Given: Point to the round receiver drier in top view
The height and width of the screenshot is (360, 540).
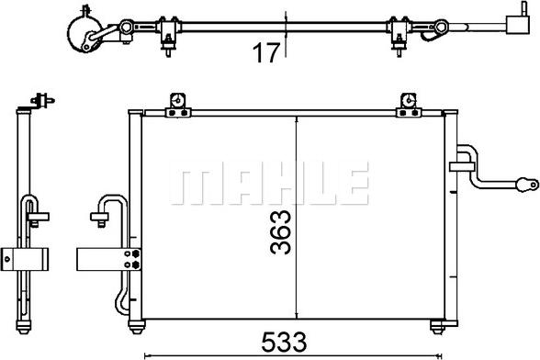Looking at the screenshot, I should pyautogui.click(x=82, y=35).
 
